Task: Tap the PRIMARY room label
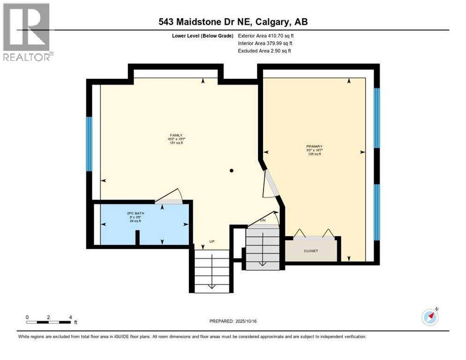[x=315, y=146]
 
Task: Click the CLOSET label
[x=311, y=251]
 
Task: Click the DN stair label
[x=263, y=220]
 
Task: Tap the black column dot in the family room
[x=231, y=171]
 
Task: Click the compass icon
[x=430, y=317]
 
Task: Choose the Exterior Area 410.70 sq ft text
[x=266, y=36]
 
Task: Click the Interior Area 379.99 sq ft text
[x=265, y=43]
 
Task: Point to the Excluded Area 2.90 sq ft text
[x=264, y=51]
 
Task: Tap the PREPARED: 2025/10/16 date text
[x=233, y=321]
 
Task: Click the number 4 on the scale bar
[x=70, y=317]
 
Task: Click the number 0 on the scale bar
[x=27, y=317]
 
